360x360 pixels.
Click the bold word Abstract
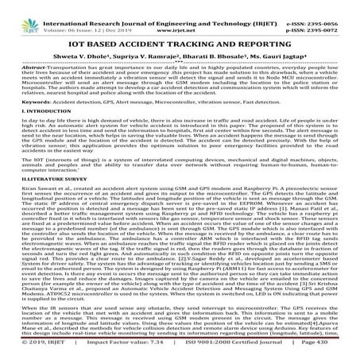coord(18,67)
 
